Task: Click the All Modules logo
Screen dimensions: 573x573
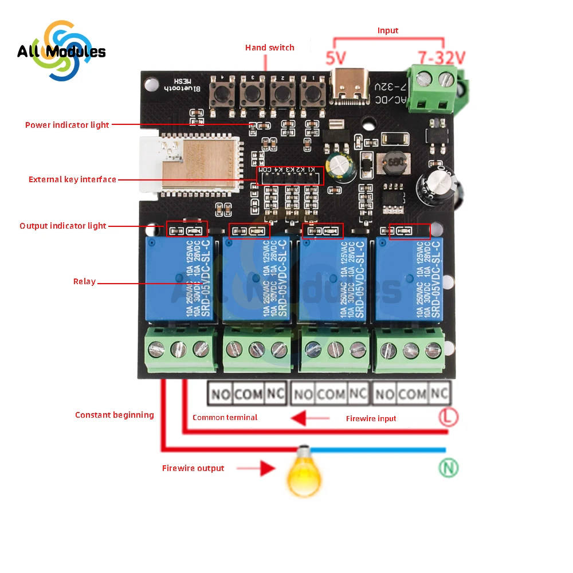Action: (61, 51)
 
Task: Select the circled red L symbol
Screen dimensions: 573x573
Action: (449, 417)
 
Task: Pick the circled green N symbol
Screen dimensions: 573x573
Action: (449, 468)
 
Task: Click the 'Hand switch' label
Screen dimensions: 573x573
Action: (269, 48)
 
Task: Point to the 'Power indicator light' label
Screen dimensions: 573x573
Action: (67, 125)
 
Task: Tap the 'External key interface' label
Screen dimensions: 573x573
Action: (72, 180)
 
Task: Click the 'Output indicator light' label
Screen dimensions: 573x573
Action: (63, 226)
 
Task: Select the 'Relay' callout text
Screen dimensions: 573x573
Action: (84, 281)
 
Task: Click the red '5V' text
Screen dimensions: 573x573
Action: (337, 58)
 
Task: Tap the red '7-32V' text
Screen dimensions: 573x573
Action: (442, 58)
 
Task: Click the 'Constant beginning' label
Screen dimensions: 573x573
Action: (115, 415)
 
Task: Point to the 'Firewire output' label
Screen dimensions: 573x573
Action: (193, 468)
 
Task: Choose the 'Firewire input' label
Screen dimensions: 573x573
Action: (371, 418)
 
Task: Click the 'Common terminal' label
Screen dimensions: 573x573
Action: (225, 417)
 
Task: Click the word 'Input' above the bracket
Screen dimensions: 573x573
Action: (387, 30)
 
